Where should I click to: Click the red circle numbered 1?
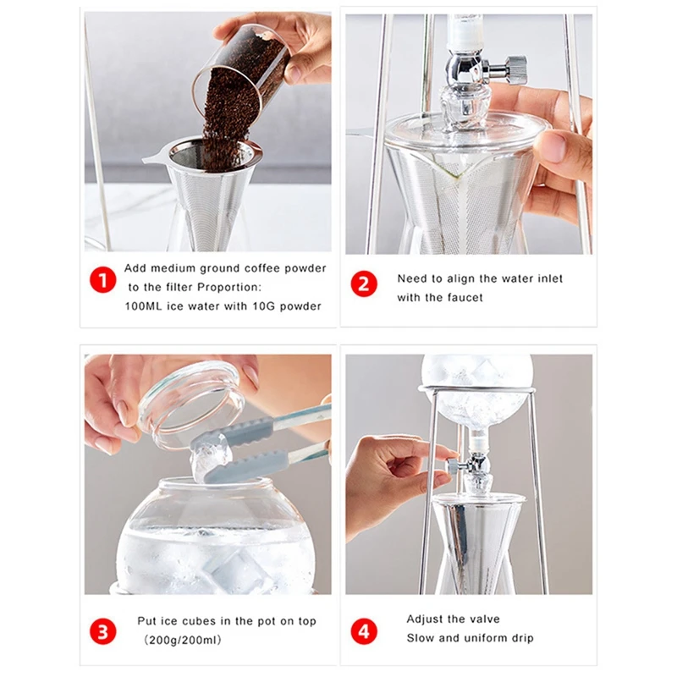tap(102, 280)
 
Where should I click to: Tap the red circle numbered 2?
tap(364, 284)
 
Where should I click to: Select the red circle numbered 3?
tap(102, 631)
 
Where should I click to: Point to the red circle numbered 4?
tap(364, 631)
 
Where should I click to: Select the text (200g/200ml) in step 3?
tap(183, 640)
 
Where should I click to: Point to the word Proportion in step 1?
tap(228, 287)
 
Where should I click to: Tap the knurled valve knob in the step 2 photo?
tap(516, 70)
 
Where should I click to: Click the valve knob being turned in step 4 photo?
tap(454, 465)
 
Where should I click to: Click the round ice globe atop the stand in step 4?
tap(476, 392)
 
